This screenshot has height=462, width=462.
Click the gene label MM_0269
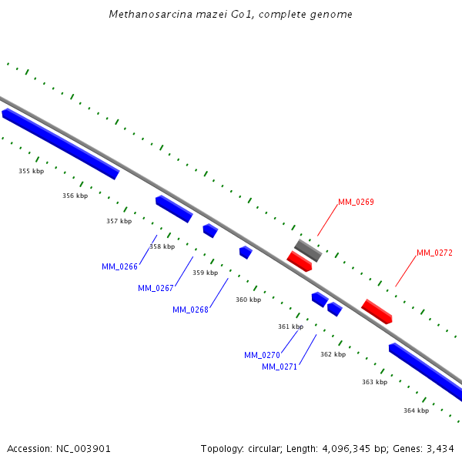click(356, 203)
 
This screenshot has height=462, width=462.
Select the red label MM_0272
click(434, 253)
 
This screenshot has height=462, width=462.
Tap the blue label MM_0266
click(119, 267)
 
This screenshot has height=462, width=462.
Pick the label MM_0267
click(156, 289)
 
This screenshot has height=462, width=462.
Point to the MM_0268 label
click(190, 310)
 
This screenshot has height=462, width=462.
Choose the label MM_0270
click(262, 356)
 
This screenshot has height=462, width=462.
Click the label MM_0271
click(280, 367)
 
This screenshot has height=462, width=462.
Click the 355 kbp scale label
click(32, 171)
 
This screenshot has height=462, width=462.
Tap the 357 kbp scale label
click(119, 221)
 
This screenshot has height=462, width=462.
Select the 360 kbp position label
click(248, 300)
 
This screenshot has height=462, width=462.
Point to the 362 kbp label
click(333, 354)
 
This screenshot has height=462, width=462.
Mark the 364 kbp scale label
click(416, 410)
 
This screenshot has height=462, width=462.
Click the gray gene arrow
click(308, 250)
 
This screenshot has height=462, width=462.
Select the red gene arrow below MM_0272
click(377, 311)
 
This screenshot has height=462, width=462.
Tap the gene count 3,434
click(438, 448)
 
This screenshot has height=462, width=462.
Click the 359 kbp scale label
click(205, 273)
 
